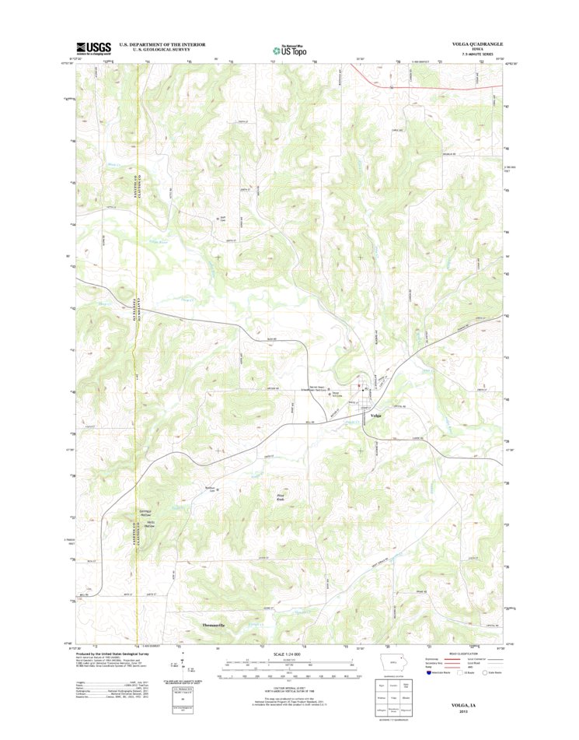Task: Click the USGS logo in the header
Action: [x=93, y=47]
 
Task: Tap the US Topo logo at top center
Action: [x=289, y=49]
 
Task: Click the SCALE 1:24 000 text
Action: [x=290, y=652]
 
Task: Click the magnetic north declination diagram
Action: [x=178, y=664]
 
